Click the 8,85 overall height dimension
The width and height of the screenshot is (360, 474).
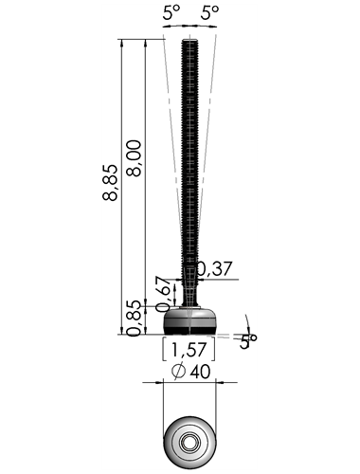click(110, 182)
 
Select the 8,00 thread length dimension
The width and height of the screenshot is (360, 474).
click(134, 158)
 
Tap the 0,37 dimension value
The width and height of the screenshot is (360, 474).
click(215, 269)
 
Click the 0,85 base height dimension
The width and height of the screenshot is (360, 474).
click(134, 319)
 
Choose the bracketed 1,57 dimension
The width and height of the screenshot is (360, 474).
click(189, 350)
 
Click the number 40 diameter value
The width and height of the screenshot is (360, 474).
click(200, 372)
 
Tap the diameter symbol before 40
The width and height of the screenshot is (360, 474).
click(178, 372)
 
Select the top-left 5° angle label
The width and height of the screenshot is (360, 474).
click(171, 13)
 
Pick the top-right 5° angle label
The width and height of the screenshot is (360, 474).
click(210, 13)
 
